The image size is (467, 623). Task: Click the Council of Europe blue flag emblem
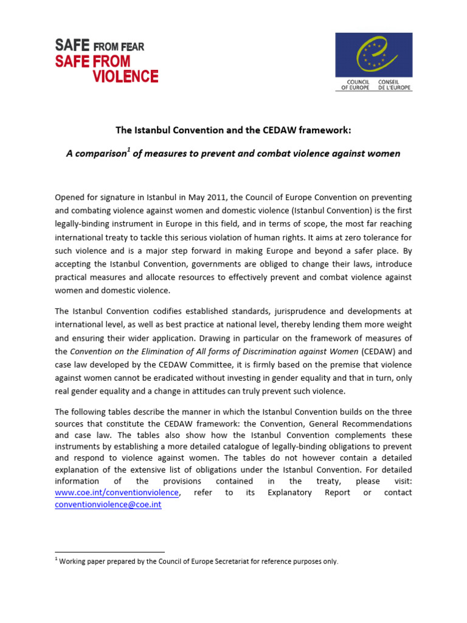coord(373,55)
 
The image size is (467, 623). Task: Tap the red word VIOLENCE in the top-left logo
coord(125,76)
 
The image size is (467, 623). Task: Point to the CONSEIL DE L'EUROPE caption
coord(395,85)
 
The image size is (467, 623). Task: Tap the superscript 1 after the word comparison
coord(129,150)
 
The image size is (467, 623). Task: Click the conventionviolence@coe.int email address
coord(108,505)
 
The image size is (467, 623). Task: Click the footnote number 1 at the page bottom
coord(57,560)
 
